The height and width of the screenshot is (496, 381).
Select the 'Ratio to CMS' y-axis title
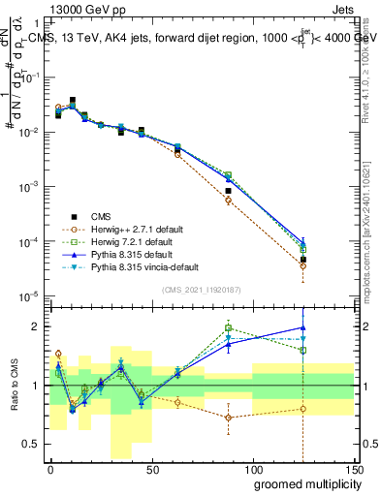click(x=14, y=387)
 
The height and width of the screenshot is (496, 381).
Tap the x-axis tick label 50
click(x=151, y=470)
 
